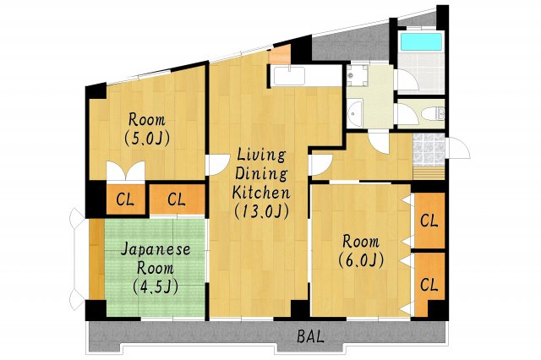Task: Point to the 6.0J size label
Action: pos(362,259)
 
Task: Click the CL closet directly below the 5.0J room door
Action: pos(124,199)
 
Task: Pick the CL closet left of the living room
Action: pos(177,199)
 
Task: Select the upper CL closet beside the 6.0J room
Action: pos(429,221)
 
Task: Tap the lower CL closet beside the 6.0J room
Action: pos(429,284)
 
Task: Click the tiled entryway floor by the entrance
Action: pos(427,149)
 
